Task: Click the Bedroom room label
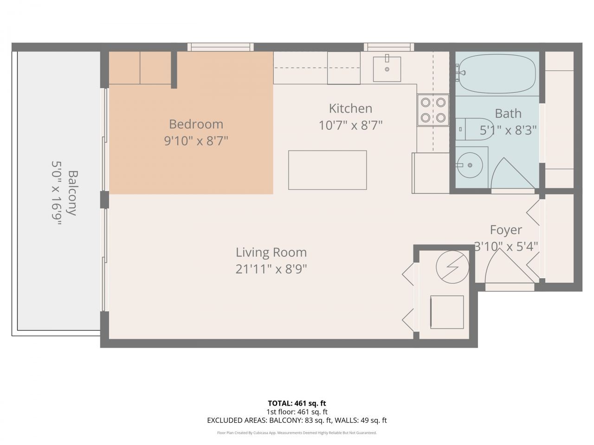pyautogui.click(x=196, y=124)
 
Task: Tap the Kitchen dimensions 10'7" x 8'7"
pyautogui.click(x=350, y=125)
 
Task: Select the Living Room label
pyautogui.click(x=271, y=253)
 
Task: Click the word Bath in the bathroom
pyautogui.click(x=508, y=114)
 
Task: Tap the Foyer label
pyautogui.click(x=506, y=230)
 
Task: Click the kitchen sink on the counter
pyautogui.click(x=387, y=69)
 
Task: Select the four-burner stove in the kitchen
pyautogui.click(x=433, y=110)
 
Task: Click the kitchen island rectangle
pyautogui.click(x=327, y=170)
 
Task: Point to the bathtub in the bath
pyautogui.click(x=497, y=73)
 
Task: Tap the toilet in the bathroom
pyautogui.click(x=466, y=129)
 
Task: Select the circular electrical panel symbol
pyautogui.click(x=452, y=267)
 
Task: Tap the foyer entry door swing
pyautogui.click(x=508, y=269)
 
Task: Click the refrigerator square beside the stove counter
pyautogui.click(x=430, y=173)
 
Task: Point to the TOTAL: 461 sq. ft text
pyautogui.click(x=297, y=403)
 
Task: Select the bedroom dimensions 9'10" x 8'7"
pyautogui.click(x=196, y=140)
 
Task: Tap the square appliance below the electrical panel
pyautogui.click(x=447, y=312)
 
